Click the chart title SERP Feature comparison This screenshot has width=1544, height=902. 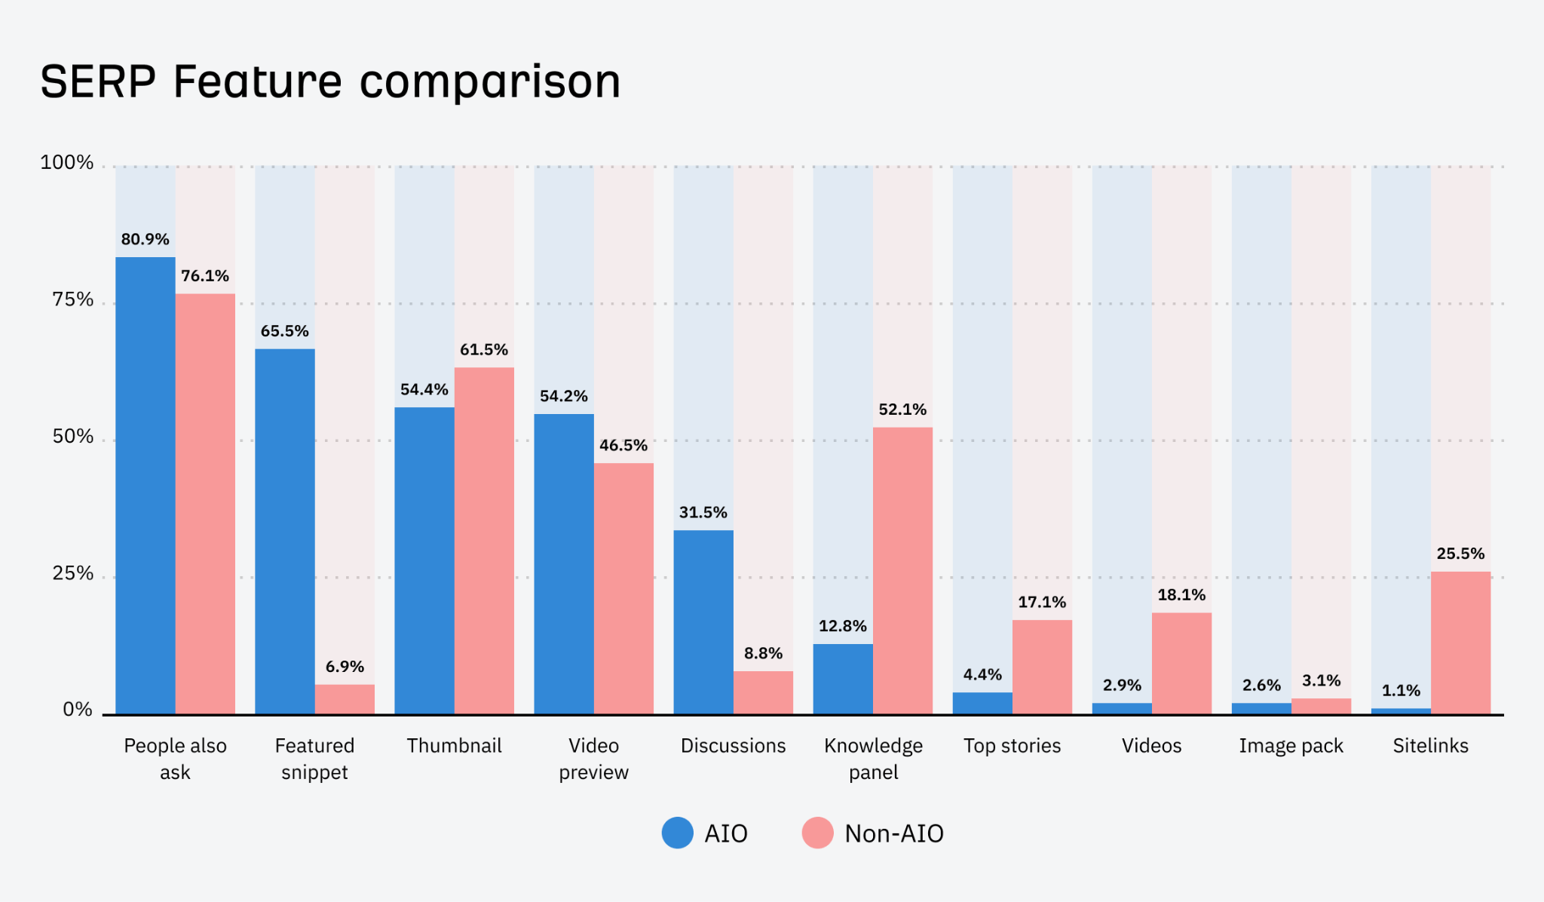330,81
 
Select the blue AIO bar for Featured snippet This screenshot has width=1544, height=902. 284,531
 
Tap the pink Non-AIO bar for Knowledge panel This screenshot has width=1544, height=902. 902,570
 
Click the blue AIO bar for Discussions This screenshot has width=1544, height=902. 703,621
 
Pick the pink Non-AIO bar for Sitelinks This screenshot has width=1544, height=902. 1460,643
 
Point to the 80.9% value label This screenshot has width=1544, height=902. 145,239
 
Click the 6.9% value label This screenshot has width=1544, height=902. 345,667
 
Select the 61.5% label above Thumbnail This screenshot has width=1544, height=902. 484,350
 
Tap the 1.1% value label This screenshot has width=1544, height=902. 1401,691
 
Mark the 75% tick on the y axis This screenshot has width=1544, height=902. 73,300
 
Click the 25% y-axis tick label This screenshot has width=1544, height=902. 73,574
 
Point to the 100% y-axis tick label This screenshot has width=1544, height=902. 67,163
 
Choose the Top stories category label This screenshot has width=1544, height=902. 1012,746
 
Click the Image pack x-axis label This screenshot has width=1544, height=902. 1291,746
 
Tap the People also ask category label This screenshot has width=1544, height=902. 175,758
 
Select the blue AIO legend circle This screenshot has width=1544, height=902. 677,833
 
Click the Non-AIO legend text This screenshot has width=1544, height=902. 893,833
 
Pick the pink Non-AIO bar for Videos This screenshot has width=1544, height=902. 1181,663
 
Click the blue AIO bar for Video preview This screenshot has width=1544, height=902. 563,563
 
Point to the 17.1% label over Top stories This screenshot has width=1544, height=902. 1042,602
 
